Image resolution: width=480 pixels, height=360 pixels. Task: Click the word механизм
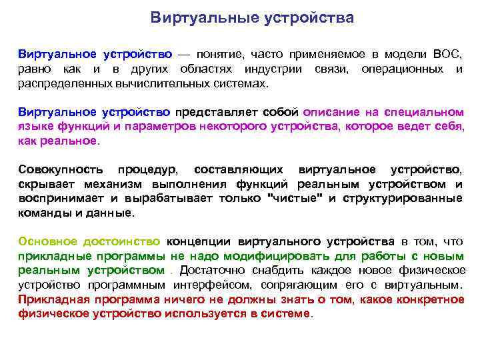(x=110, y=184)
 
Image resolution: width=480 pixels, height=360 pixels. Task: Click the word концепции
(x=194, y=241)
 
